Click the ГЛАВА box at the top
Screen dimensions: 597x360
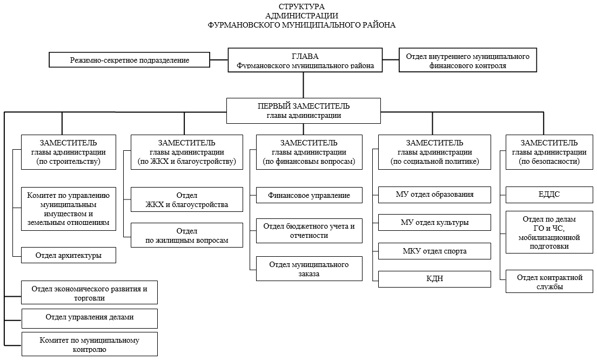305,60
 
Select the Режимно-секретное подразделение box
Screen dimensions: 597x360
130,60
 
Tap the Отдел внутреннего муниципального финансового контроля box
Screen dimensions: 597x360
467,60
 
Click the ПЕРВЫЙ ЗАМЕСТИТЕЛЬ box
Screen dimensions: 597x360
304,111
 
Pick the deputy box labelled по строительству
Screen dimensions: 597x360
69,152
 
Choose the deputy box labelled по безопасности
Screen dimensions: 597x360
549,152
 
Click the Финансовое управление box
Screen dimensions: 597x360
309,195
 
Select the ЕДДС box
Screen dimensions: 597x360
549,194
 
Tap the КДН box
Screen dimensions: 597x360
434,279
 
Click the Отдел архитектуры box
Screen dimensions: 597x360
69,255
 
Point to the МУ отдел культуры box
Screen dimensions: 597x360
434,223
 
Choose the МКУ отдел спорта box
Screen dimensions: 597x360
434,251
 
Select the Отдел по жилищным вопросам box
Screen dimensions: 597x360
187,235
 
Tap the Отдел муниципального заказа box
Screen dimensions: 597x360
309,269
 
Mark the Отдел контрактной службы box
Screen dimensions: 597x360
549,282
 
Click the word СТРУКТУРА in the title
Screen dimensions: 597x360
301,6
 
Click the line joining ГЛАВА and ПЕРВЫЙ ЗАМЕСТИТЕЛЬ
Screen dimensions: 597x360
304,85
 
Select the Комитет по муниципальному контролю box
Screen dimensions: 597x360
90,344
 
